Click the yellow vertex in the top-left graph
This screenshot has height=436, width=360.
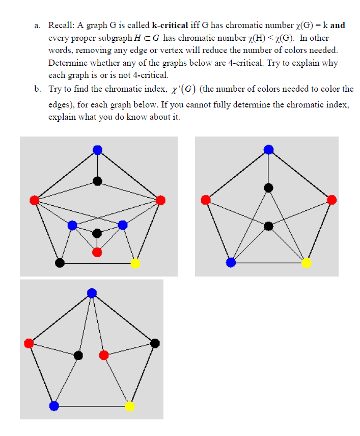[x=135, y=263]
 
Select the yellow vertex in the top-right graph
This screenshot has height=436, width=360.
[x=306, y=263]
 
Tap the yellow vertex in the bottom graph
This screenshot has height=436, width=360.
[x=129, y=406]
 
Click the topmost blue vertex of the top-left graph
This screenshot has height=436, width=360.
[x=97, y=149]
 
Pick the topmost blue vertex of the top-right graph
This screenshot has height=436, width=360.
[x=269, y=149]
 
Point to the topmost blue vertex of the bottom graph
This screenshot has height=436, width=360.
[x=92, y=292]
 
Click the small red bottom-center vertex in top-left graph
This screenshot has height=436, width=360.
[x=97, y=252]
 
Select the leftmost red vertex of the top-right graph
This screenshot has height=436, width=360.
[x=206, y=200]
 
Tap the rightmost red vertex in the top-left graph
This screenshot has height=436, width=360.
[x=160, y=200]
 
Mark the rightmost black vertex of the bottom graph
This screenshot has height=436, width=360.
[x=155, y=343]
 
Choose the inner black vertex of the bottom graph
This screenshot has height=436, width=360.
[x=78, y=355]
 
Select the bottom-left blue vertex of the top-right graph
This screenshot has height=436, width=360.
[x=231, y=262]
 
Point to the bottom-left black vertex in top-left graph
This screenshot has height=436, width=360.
[x=60, y=263]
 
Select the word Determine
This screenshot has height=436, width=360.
[x=66, y=63]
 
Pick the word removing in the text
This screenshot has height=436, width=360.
[x=92, y=50]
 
